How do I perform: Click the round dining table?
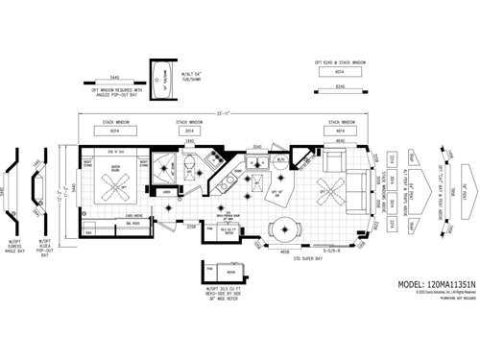point(282,229)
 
